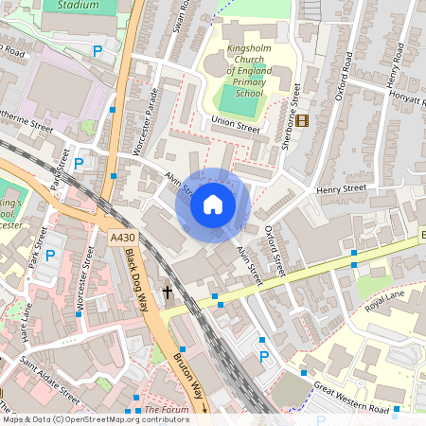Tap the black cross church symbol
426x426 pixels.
(168, 293)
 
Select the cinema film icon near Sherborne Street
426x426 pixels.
(302, 119)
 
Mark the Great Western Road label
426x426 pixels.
(353, 399)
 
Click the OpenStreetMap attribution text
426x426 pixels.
(95, 419)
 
